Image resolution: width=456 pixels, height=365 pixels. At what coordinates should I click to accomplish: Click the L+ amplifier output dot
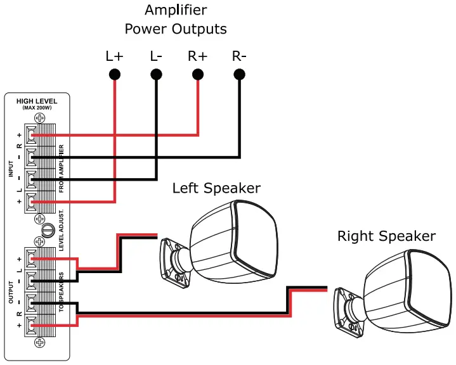(x=115, y=75)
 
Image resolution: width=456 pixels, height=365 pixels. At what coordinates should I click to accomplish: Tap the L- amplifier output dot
(x=156, y=75)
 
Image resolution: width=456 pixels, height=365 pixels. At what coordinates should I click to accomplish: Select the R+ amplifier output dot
(x=198, y=75)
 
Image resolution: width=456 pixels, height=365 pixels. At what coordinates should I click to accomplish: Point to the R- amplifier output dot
(x=239, y=75)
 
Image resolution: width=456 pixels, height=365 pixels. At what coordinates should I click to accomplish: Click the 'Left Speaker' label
(x=216, y=188)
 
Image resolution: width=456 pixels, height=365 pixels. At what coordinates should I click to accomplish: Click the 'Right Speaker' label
(x=386, y=236)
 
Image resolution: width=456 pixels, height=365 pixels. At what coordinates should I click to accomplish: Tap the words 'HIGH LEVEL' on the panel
(x=37, y=101)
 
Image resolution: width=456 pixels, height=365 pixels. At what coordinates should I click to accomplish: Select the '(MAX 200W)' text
(x=37, y=108)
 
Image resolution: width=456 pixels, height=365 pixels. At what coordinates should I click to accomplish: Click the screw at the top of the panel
(x=39, y=118)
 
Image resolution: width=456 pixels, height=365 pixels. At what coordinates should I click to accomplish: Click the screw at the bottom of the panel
(x=39, y=343)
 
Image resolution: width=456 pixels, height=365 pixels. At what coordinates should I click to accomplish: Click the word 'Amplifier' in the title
(x=175, y=10)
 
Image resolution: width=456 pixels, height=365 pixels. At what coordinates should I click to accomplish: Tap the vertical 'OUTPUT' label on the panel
(x=11, y=291)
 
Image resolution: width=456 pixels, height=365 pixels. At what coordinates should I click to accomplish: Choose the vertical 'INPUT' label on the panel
(x=11, y=169)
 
